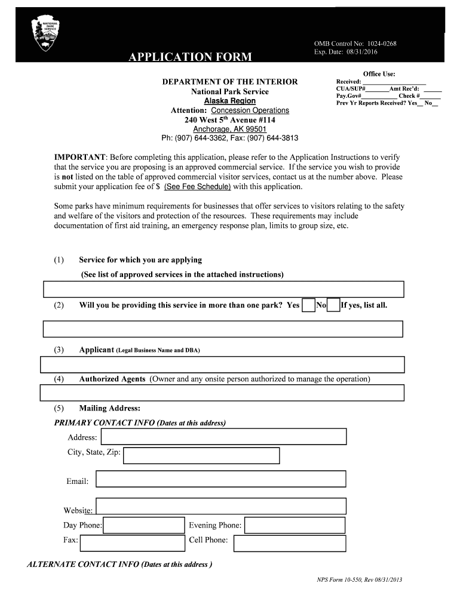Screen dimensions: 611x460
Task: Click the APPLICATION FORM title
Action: point(189,57)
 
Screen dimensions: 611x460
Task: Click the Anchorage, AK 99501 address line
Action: point(230,129)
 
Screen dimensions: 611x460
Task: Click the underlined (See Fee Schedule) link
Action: point(198,187)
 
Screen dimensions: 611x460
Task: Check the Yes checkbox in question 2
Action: point(308,305)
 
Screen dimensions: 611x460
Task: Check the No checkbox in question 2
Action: point(334,305)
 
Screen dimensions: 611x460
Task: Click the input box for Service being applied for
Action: point(224,289)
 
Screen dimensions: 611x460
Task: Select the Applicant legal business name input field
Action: point(222,365)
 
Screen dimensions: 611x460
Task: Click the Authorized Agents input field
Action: point(222,393)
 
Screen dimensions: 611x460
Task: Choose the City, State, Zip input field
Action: point(201,456)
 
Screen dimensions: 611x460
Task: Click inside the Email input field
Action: point(220,479)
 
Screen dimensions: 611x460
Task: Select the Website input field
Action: point(220,506)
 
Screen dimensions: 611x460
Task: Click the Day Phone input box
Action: point(144,525)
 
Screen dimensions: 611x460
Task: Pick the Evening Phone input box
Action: point(295,525)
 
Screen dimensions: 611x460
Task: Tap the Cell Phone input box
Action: point(289,543)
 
